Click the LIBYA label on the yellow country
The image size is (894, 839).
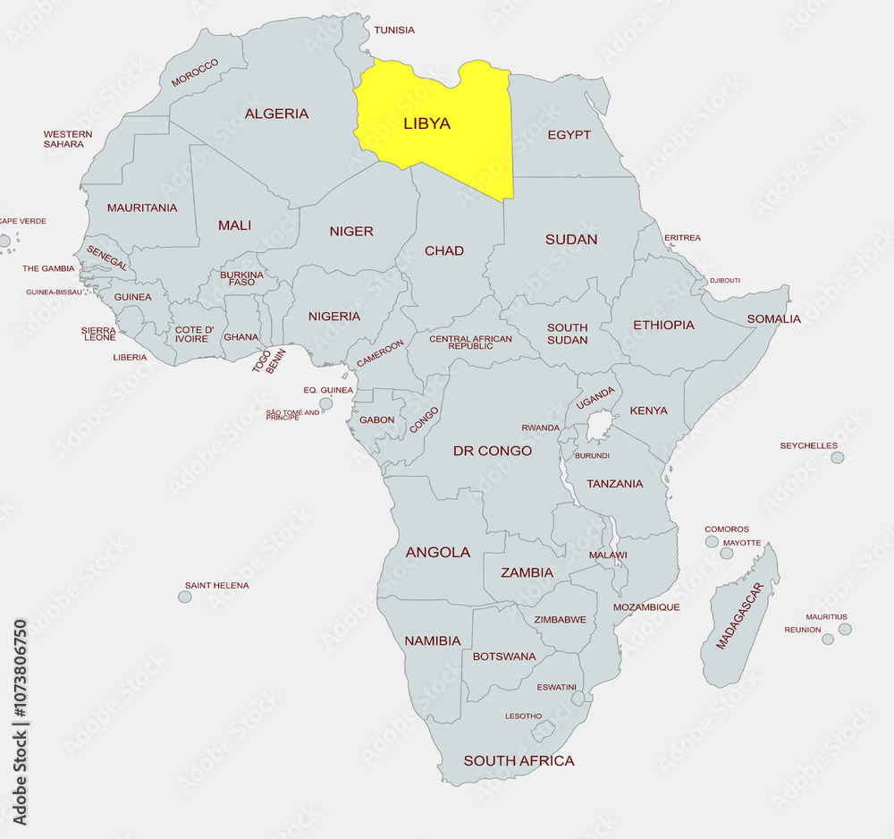[x=426, y=123]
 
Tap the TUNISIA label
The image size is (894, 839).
[x=394, y=30]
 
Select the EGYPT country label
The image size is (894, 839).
[x=569, y=135]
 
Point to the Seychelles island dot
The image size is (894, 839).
[x=837, y=457]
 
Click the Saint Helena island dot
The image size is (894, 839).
[x=185, y=597]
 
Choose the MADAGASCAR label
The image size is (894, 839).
[x=739, y=615]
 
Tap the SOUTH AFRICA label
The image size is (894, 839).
[x=519, y=761]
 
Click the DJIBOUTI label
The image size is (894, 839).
[x=725, y=280]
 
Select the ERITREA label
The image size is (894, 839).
[x=682, y=238]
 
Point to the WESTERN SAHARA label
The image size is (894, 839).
[x=68, y=139]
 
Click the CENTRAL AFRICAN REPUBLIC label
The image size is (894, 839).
[x=471, y=342]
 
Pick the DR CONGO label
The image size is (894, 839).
[x=493, y=451]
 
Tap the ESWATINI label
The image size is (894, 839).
[x=556, y=687]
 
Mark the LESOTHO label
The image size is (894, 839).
[x=523, y=716]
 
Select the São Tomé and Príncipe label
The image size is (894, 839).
[x=292, y=415]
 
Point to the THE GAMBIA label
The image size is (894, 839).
[x=48, y=268]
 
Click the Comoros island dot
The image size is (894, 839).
[x=712, y=541]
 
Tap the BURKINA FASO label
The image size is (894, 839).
[x=241, y=278]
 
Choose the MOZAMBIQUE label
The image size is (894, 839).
[x=646, y=607]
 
